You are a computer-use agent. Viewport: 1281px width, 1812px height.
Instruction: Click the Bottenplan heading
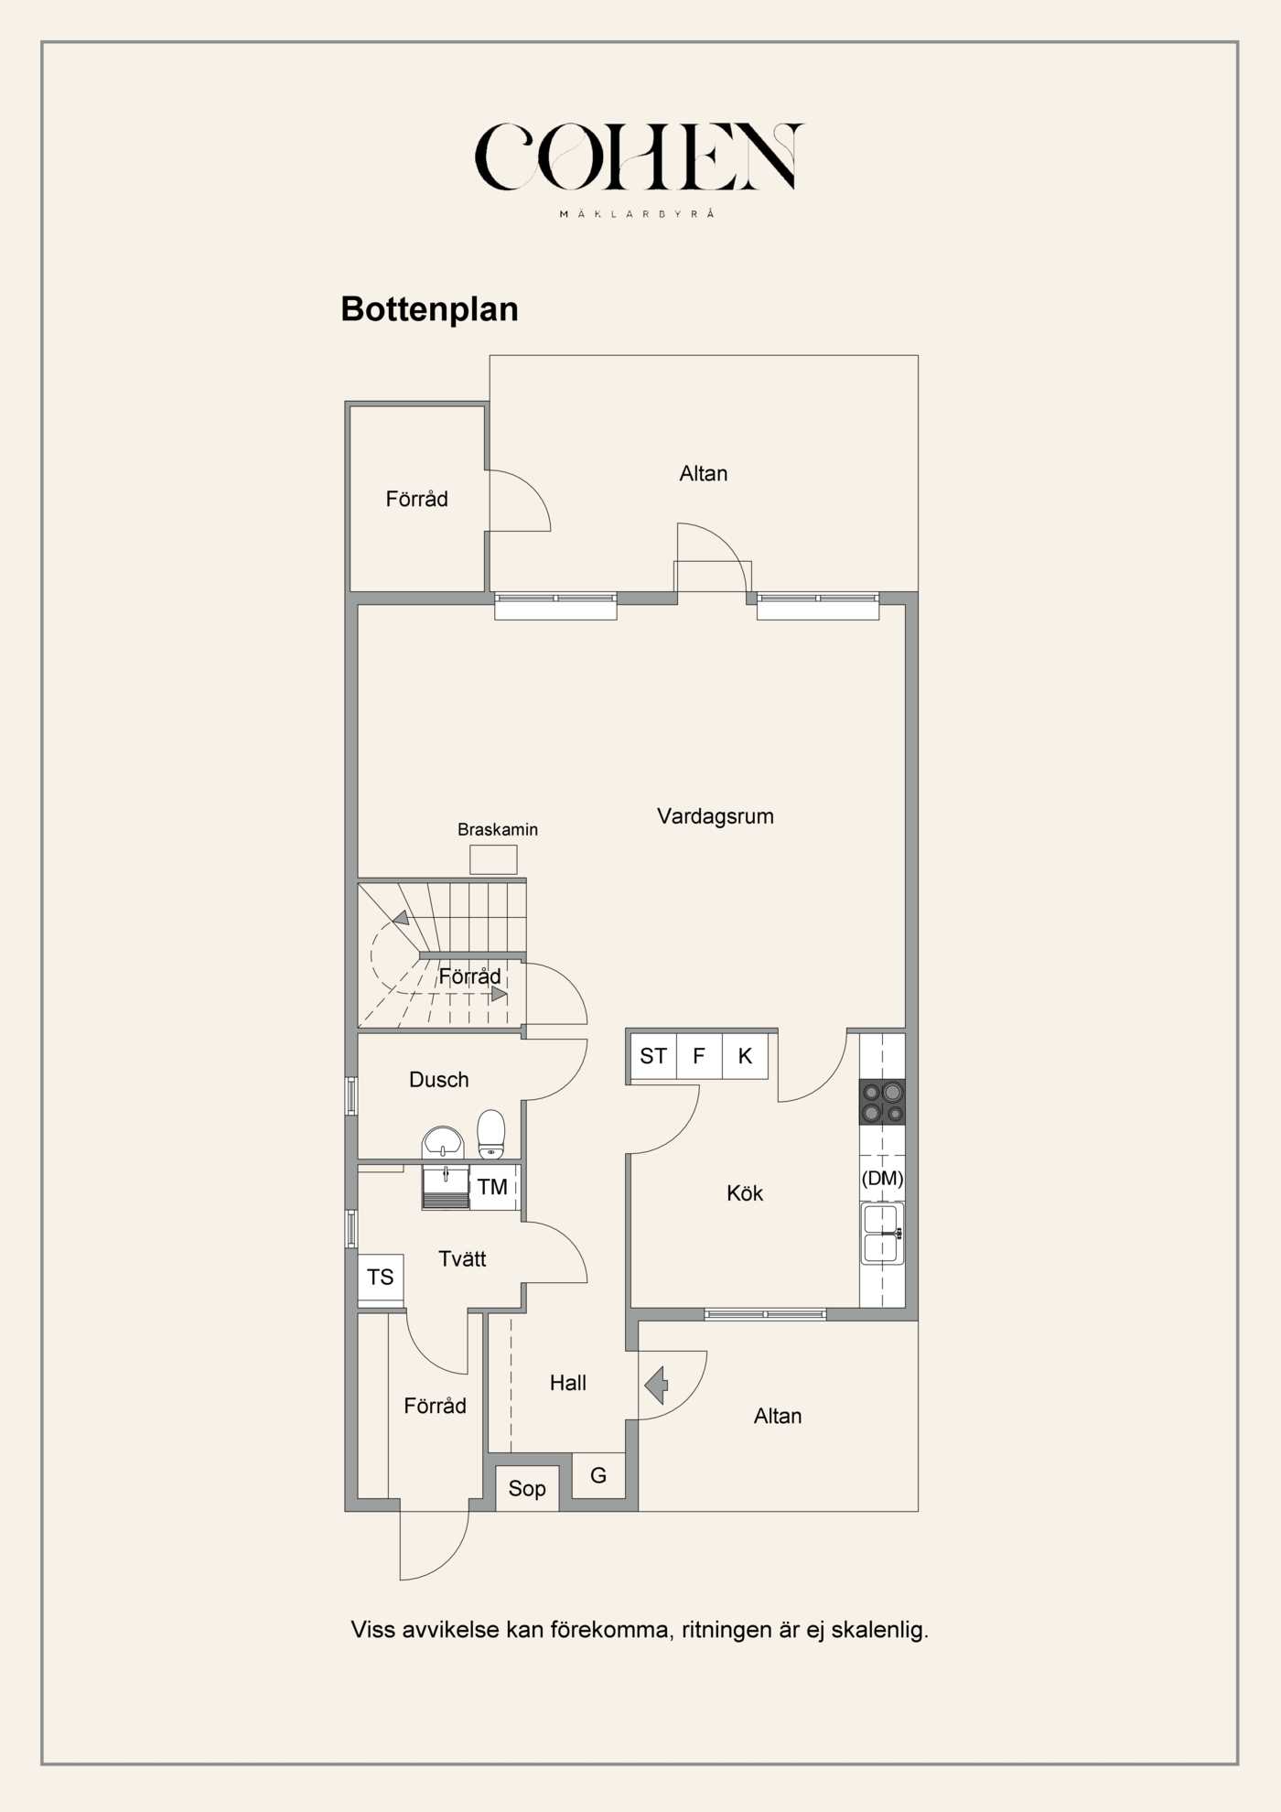429,309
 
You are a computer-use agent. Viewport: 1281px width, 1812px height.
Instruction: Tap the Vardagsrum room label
716,816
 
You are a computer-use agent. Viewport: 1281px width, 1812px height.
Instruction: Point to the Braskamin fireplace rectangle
493,859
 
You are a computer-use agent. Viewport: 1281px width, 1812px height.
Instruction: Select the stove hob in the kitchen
882,1102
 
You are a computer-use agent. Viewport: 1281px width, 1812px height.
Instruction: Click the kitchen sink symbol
882,1233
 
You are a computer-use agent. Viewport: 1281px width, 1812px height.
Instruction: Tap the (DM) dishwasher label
882,1178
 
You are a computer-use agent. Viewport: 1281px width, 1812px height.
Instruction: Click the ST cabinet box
653,1056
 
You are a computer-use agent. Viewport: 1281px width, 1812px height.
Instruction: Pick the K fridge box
745,1056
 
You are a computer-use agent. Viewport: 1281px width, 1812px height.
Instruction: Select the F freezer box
699,1056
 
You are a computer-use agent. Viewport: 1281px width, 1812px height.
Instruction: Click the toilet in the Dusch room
491,1135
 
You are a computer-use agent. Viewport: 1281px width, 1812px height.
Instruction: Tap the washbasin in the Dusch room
443,1143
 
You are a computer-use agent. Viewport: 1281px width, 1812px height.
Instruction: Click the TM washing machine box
494,1187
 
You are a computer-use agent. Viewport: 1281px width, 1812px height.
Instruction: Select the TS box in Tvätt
381,1278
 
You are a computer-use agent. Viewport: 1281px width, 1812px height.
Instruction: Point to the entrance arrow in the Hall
656,1385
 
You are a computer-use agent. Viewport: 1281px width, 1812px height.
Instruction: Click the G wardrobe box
598,1475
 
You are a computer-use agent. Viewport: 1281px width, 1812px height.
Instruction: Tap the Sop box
527,1488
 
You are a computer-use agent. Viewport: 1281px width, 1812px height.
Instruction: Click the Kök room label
745,1193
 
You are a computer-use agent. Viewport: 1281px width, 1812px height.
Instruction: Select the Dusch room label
439,1080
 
